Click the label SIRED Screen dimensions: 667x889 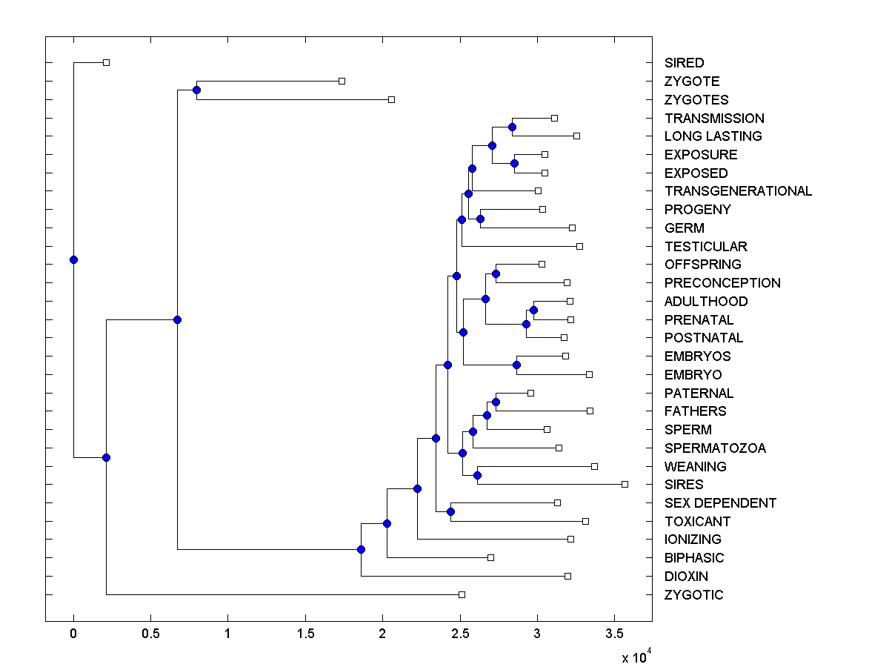coord(684,63)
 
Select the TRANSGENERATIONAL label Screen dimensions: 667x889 coord(738,191)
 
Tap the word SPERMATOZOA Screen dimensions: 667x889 coord(715,448)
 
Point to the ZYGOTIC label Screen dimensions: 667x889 coord(693,595)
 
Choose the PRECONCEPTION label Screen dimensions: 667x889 coord(722,283)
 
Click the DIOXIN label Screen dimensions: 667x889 coord(686,577)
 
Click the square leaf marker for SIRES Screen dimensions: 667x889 coord(625,484)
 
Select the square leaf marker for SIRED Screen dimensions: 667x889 coord(106,62)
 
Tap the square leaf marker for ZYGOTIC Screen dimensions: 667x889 coord(462,594)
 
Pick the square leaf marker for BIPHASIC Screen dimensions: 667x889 coord(490,557)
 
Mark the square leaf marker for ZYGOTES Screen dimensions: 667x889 coord(392,99)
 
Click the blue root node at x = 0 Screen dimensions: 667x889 coord(73,259)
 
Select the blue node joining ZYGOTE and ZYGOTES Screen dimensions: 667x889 coord(196,90)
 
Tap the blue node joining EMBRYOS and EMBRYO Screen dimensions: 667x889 coord(517,365)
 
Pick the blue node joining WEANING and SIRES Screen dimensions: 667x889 coord(478,475)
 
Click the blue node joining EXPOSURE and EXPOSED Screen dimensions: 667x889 coord(515,163)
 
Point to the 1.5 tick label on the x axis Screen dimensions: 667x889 coord(305,634)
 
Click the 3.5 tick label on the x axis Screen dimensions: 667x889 coord(614,634)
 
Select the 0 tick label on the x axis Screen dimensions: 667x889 coord(73,634)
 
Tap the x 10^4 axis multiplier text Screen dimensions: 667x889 coord(635,657)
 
